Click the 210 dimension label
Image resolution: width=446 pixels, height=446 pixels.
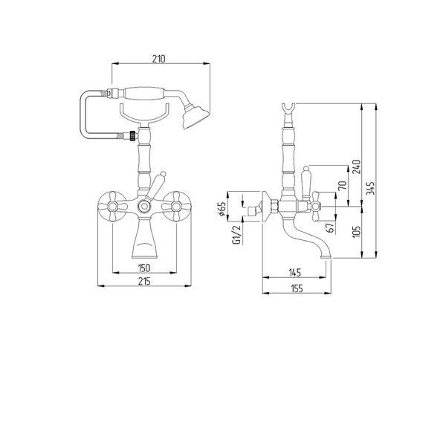[158, 59]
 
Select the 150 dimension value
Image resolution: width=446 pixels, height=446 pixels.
[144, 268]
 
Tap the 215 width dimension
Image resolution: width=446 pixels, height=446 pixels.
[144, 281]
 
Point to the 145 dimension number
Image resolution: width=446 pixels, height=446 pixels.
[294, 273]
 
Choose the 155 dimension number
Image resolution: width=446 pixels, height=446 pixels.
[297, 288]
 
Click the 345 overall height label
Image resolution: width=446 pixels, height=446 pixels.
[370, 188]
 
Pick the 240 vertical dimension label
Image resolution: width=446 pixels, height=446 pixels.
[356, 167]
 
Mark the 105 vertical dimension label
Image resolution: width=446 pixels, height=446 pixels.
[356, 231]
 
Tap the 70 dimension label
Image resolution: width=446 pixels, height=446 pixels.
[343, 185]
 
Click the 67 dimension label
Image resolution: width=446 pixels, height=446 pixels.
[331, 227]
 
